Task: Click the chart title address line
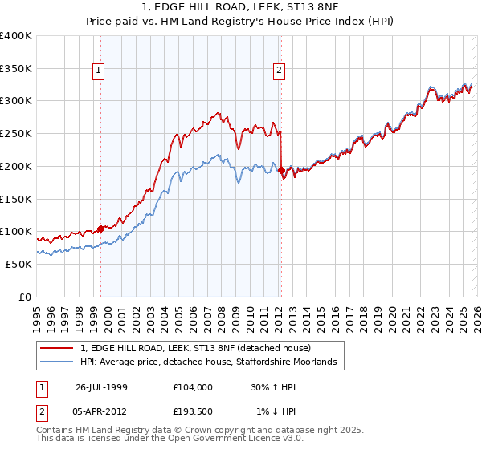[240, 8]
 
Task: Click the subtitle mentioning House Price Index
[240, 22]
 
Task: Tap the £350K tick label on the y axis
[16, 68]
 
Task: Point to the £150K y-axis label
[16, 198]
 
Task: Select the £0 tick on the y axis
[24, 297]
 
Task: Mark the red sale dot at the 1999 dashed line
[100, 229]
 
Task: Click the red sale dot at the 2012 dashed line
[281, 170]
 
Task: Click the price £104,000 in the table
[194, 386]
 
